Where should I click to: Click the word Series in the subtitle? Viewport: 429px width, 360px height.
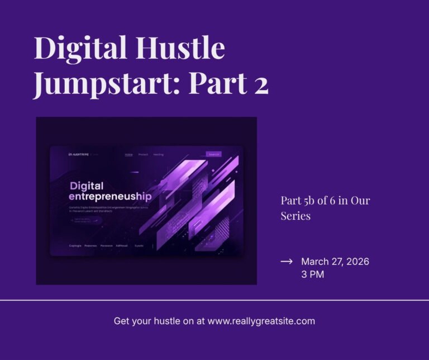coord(295,216)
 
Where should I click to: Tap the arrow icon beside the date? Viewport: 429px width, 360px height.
coord(287,262)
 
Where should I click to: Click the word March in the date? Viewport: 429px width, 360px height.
coord(315,262)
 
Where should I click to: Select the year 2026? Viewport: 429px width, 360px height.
coord(357,262)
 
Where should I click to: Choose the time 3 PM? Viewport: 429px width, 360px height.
coord(312,274)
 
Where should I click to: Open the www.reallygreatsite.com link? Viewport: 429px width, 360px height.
coord(261,321)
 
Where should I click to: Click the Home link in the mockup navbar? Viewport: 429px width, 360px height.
coord(129,154)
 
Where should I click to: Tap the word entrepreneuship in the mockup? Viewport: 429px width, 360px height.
coord(110,197)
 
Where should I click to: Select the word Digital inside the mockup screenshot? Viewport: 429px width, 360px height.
coord(87,186)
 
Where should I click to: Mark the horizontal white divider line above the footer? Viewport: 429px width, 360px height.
coord(214,300)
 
